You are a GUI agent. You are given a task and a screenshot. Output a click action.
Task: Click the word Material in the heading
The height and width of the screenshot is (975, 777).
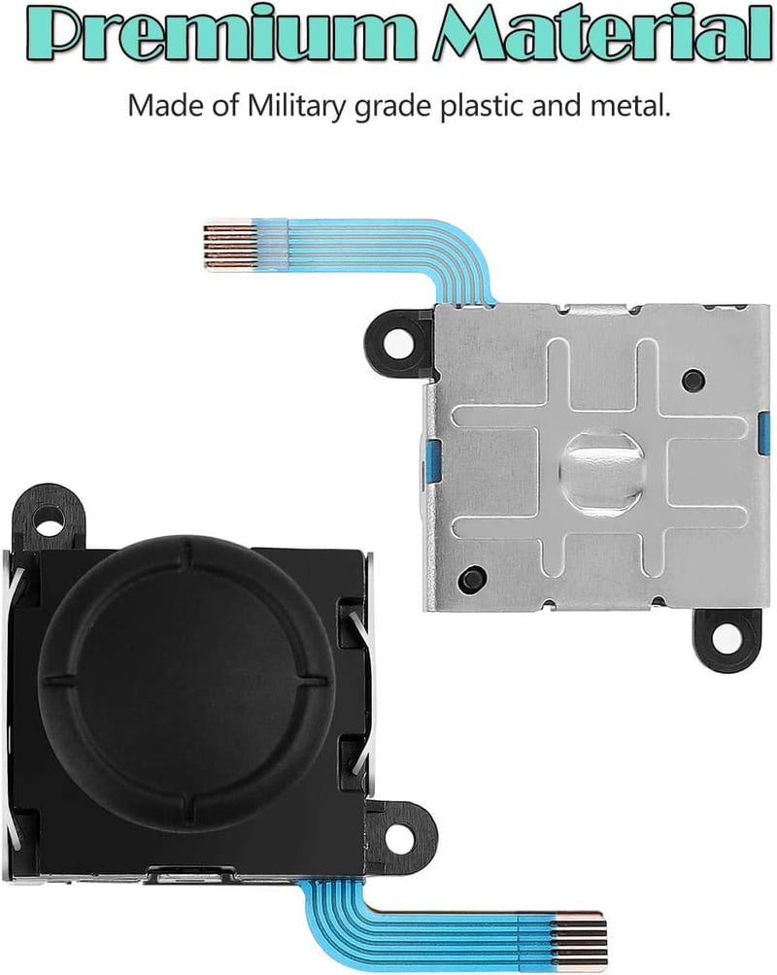(602, 32)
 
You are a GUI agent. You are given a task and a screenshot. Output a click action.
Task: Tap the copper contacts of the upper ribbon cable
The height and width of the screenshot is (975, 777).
(229, 245)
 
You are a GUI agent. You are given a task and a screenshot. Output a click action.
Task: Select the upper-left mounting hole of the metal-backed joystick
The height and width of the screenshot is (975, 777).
(395, 342)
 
